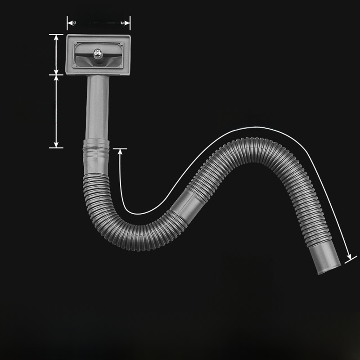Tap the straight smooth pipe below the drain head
point(97,108)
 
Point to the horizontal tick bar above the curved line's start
point(120,148)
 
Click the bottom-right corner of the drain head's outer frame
point(129,74)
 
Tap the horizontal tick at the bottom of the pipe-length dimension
point(56,147)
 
